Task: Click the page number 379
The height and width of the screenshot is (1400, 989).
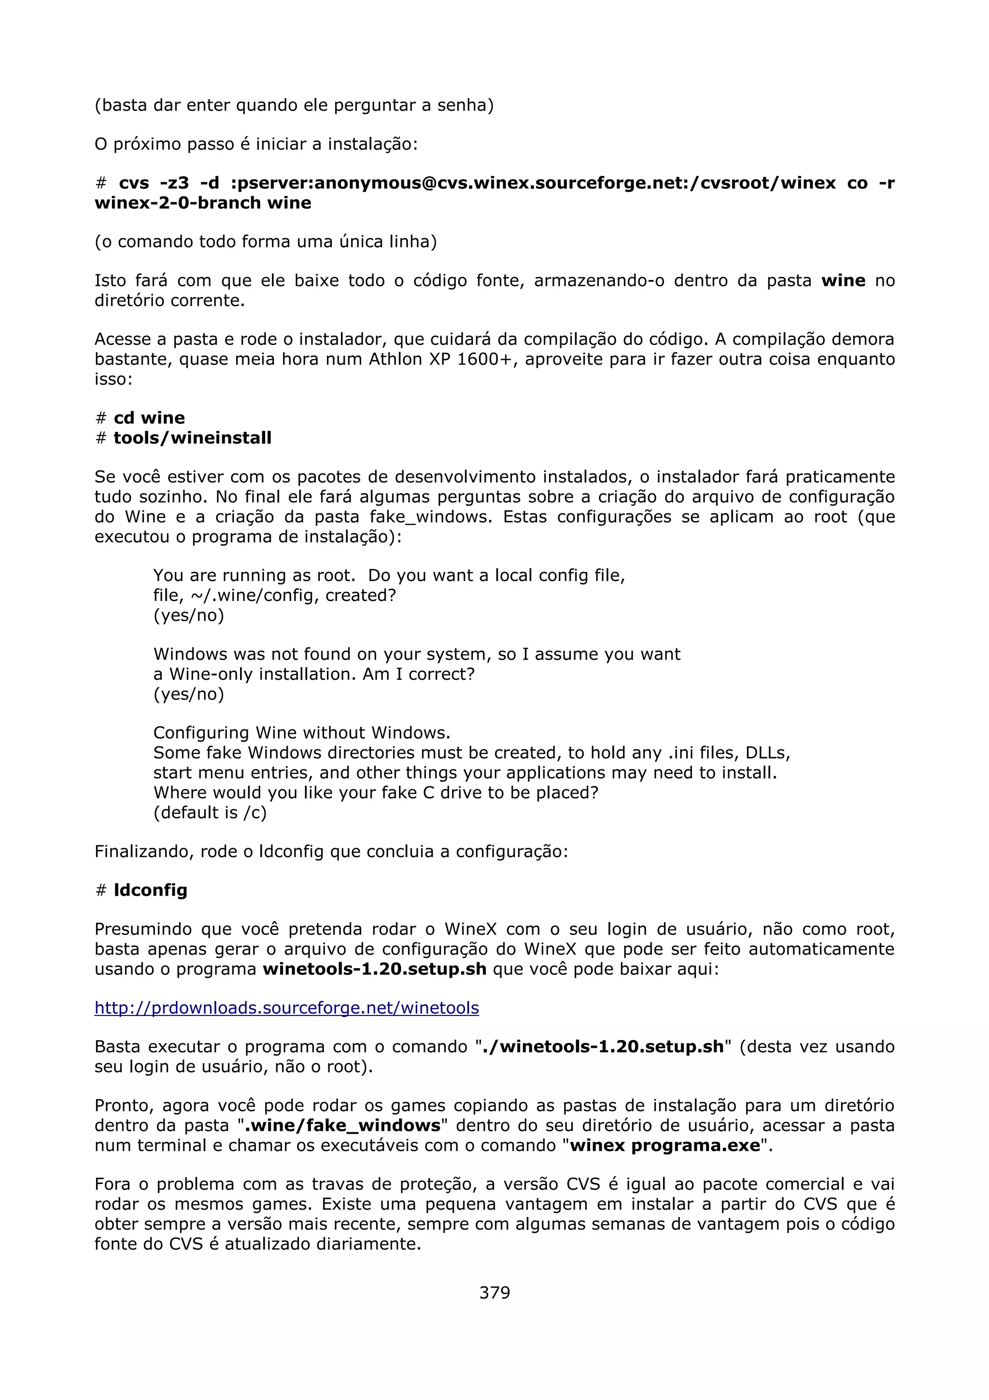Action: click(494, 1293)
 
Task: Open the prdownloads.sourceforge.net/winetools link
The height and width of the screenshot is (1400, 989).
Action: click(286, 1008)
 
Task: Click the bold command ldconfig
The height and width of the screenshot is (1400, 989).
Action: click(151, 890)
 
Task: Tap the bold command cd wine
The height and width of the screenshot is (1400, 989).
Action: click(149, 418)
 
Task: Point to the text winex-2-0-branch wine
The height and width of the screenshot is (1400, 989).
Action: click(203, 203)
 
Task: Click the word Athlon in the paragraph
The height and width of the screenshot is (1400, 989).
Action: click(396, 359)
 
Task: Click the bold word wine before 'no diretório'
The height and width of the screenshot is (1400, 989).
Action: click(843, 281)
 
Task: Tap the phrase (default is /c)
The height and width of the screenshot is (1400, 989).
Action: click(210, 813)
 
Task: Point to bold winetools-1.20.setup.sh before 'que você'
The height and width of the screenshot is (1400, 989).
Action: click(375, 969)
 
